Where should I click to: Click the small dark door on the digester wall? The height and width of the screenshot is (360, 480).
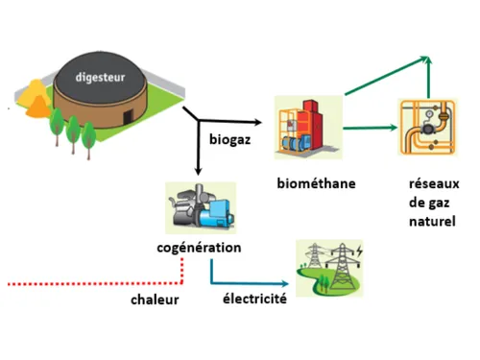point(125,115)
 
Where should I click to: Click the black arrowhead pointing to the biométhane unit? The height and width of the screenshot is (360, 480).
point(257,123)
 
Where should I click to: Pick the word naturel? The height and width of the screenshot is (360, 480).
point(428,220)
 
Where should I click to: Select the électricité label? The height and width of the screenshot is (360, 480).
point(255,299)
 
